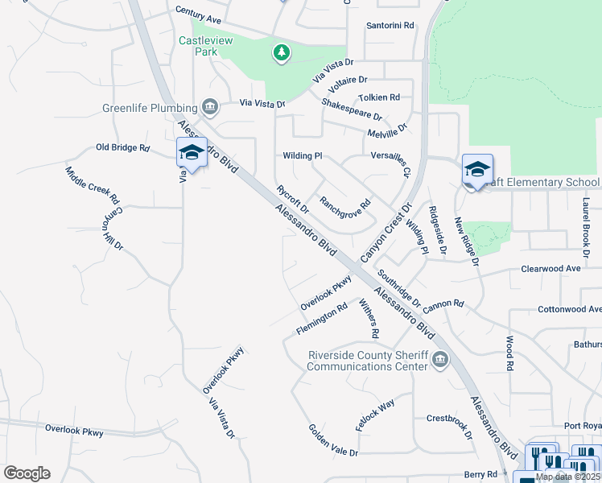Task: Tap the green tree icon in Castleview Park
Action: point(281,53)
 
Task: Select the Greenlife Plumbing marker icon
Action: point(210,107)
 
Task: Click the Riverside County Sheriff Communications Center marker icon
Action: point(439,359)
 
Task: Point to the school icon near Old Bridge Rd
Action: point(192,152)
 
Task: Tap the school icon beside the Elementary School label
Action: point(477,170)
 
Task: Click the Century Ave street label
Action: point(198,16)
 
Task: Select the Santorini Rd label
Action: point(390,26)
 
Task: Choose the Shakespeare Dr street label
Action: point(352,110)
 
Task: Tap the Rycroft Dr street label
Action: point(293,199)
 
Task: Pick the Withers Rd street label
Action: point(369,318)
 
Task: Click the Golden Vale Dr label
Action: point(333,440)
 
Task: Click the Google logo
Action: point(27,473)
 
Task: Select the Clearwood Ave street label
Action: point(551,268)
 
